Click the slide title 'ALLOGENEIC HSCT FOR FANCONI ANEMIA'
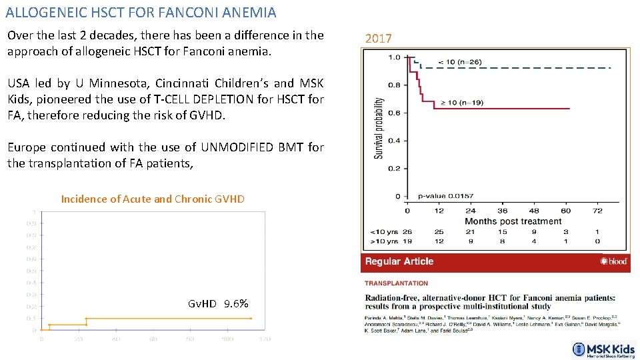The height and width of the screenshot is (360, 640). pos(141,12)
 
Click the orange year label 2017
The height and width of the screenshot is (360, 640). pos(378,39)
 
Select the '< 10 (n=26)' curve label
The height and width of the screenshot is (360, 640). pos(460,63)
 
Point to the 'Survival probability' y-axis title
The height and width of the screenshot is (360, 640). pos(379,128)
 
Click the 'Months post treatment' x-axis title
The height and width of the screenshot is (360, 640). pos(513,221)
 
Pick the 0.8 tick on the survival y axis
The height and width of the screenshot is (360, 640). pos(395,85)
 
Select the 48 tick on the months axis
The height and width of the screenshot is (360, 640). pos(534,211)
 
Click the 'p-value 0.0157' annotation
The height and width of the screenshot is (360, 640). pos(446,196)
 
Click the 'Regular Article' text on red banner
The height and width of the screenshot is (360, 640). pos(399,261)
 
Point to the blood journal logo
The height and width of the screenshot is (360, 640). pos(613,261)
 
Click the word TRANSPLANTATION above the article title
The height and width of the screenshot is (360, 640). pos(396,283)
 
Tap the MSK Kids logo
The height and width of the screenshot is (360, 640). pos(603,349)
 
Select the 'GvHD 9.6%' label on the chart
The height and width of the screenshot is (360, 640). pos(218,304)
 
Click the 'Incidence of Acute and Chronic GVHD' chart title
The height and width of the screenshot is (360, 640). pos(153,199)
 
